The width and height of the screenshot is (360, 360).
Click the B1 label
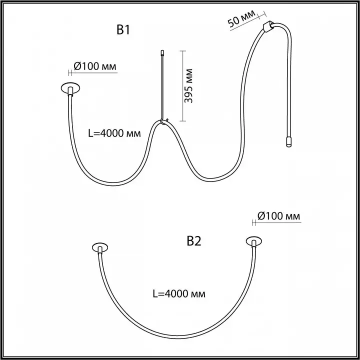pyautogui.click(x=123, y=30)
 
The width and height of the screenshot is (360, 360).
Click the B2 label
pyautogui.click(x=194, y=241)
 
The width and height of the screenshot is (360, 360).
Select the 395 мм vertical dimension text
pyautogui.click(x=188, y=85)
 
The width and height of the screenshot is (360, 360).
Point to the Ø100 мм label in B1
pyautogui.click(x=95, y=66)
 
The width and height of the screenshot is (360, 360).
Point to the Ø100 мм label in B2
pyautogui.click(x=278, y=216)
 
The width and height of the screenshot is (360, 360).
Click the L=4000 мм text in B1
pyautogui.click(x=114, y=133)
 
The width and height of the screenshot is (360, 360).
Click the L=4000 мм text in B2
pyautogui.click(x=179, y=293)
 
